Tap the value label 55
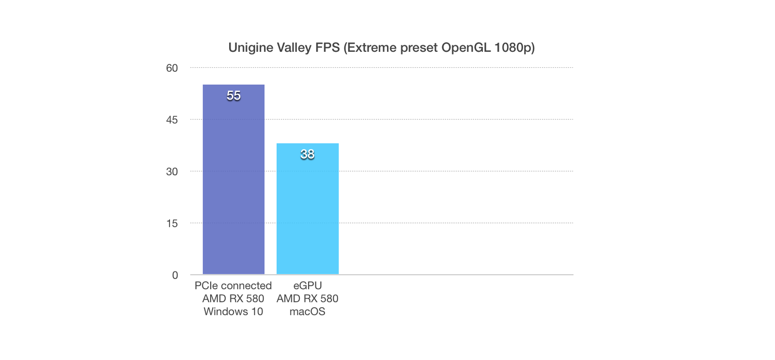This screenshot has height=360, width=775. pos(233,96)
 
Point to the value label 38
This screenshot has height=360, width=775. pos(307,155)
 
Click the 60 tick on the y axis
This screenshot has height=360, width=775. pos(172,68)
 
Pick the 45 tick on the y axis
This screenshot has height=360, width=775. pos(172,120)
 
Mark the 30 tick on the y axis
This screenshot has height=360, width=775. pos(172,172)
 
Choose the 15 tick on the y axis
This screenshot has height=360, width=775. pos(172,224)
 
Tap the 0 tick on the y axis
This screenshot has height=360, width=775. pos(175,275)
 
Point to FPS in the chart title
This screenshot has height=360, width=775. pos(327,47)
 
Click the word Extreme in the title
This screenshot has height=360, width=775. pos(370,47)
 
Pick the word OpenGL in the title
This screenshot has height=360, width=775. pos(465,47)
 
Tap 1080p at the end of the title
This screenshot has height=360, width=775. pos(514,48)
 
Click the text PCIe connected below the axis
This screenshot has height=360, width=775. pos(233,286)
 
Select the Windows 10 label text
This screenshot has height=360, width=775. pos(233,312)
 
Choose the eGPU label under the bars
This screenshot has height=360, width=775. pos(307,286)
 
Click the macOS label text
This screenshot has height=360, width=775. pos(307,312)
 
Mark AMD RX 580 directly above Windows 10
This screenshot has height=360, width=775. pos(233,299)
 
